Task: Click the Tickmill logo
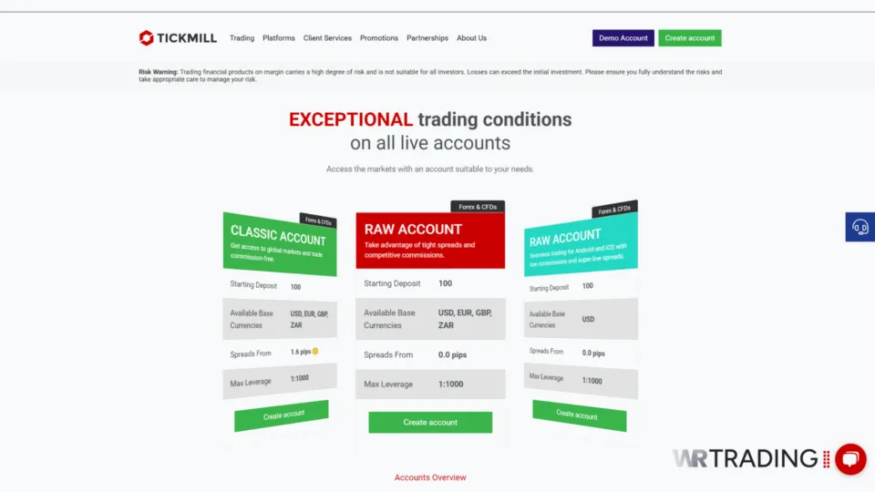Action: point(179,38)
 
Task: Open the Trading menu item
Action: point(242,38)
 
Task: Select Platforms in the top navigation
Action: point(279,38)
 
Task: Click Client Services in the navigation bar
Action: point(327,38)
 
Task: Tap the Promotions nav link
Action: point(379,38)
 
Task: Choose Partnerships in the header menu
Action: point(427,38)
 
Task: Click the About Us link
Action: point(471,38)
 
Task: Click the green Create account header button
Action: point(690,38)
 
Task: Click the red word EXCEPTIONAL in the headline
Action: point(351,119)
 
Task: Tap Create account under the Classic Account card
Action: point(283,415)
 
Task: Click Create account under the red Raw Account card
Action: point(430,423)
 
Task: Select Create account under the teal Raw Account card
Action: point(578,415)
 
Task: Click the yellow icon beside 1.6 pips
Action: point(315,351)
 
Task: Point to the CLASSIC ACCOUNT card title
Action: point(277,235)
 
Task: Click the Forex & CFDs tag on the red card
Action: point(477,207)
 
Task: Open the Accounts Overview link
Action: point(430,477)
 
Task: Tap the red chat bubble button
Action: point(849,459)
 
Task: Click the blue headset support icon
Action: point(860,227)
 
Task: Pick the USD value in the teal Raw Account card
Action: point(588,320)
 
